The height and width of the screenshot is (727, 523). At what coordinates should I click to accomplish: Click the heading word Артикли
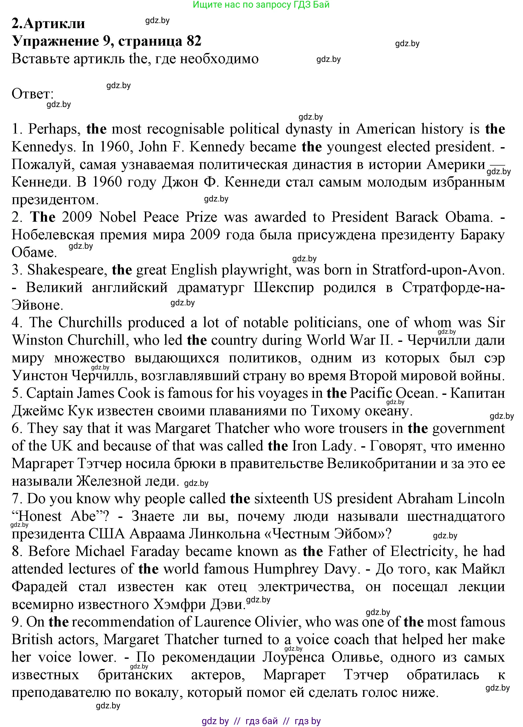click(x=55, y=23)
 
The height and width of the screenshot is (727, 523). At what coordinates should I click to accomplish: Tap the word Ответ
click(x=32, y=94)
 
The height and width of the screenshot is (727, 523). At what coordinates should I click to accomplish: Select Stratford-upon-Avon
click(x=438, y=270)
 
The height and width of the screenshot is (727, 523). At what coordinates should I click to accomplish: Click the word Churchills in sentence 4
click(x=90, y=322)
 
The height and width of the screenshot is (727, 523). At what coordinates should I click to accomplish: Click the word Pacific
click(x=371, y=393)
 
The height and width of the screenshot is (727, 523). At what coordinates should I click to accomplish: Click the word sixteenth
click(x=282, y=499)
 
